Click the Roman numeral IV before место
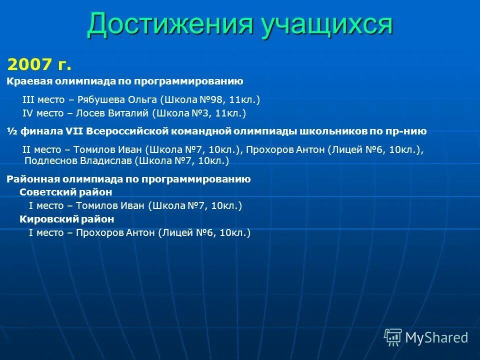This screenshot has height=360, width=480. point(28,113)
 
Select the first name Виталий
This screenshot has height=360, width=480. point(128,113)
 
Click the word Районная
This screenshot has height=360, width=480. point(29,179)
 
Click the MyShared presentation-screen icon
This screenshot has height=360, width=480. point(392,337)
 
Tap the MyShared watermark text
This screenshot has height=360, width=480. point(436,337)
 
